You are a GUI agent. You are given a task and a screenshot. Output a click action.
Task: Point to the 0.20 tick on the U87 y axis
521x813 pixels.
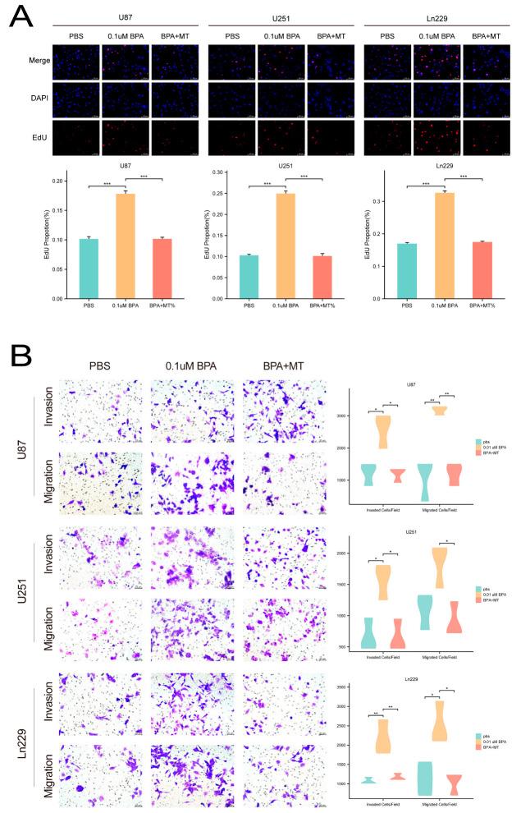[x=57, y=181]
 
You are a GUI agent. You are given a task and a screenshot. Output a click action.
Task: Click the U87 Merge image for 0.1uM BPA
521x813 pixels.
[x=125, y=61]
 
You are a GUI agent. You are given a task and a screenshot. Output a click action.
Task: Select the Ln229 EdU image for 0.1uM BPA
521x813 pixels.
[x=436, y=138]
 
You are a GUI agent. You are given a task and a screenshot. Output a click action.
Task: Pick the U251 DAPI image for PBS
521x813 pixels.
[x=232, y=99]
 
